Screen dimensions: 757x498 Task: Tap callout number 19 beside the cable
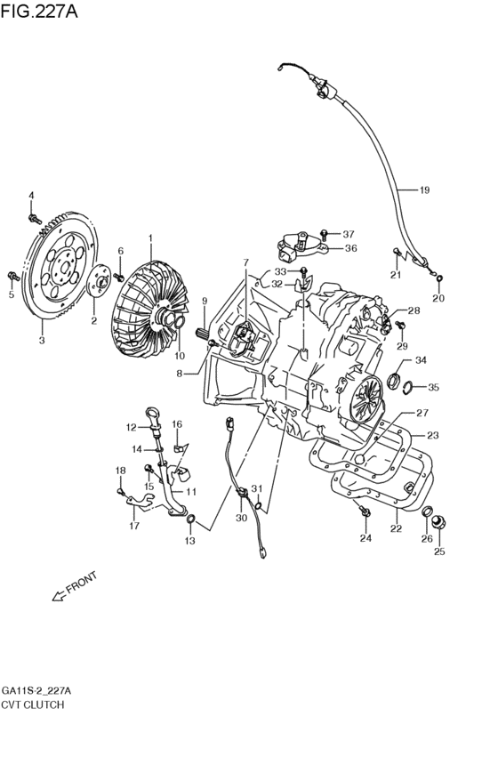coord(424,189)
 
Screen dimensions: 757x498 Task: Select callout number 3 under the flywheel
coord(41,339)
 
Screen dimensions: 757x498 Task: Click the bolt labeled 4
coord(32,216)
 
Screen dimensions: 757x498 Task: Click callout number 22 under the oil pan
coord(396,528)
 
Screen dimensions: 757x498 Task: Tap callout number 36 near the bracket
coord(349,248)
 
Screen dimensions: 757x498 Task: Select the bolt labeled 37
coord(325,234)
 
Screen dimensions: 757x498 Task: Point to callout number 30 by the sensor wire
coord(242,518)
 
